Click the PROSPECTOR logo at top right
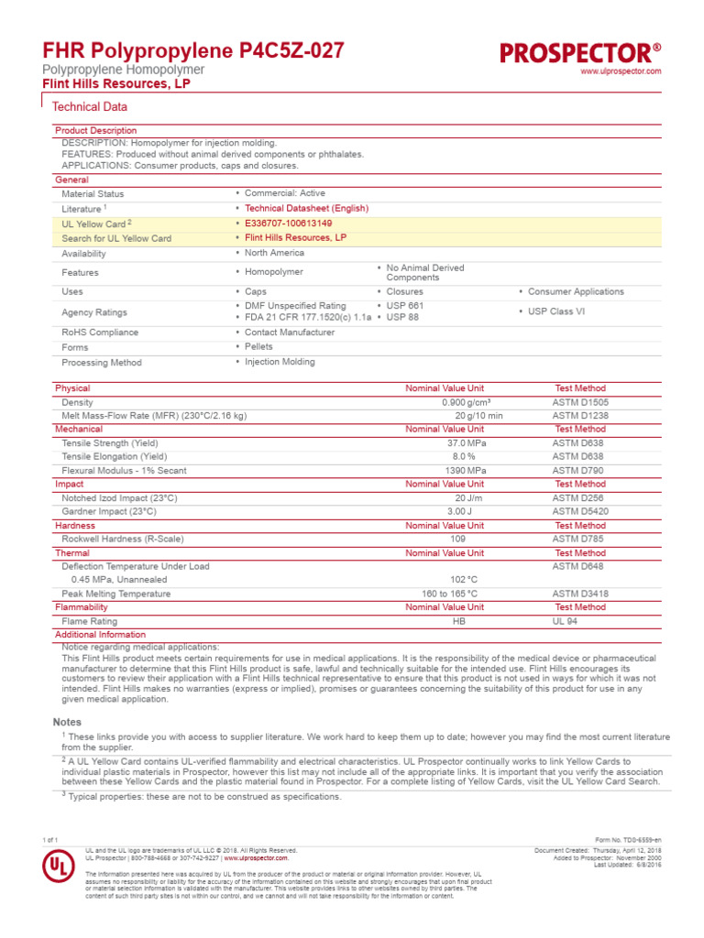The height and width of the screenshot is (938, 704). click(x=580, y=53)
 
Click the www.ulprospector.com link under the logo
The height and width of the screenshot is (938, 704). click(x=621, y=71)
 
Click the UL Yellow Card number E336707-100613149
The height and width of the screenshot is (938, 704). click(x=288, y=224)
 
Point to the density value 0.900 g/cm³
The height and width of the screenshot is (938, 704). click(x=466, y=402)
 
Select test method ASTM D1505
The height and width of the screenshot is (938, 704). click(x=579, y=402)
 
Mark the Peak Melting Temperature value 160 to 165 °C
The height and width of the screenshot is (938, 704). click(x=449, y=594)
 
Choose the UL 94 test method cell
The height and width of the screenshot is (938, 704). click(x=566, y=621)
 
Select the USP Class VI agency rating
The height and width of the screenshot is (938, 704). click(x=563, y=311)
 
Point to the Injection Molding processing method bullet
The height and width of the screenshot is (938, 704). click(x=279, y=362)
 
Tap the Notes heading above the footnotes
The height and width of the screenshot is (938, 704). click(x=67, y=723)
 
